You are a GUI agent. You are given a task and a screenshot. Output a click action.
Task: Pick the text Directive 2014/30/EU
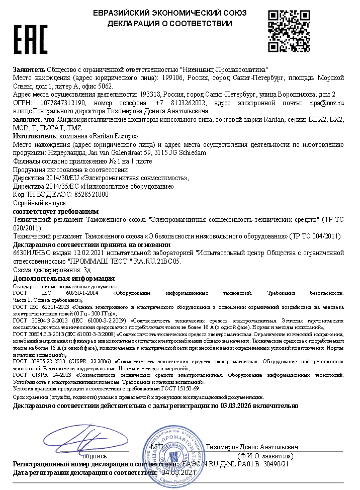tap(46, 178)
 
